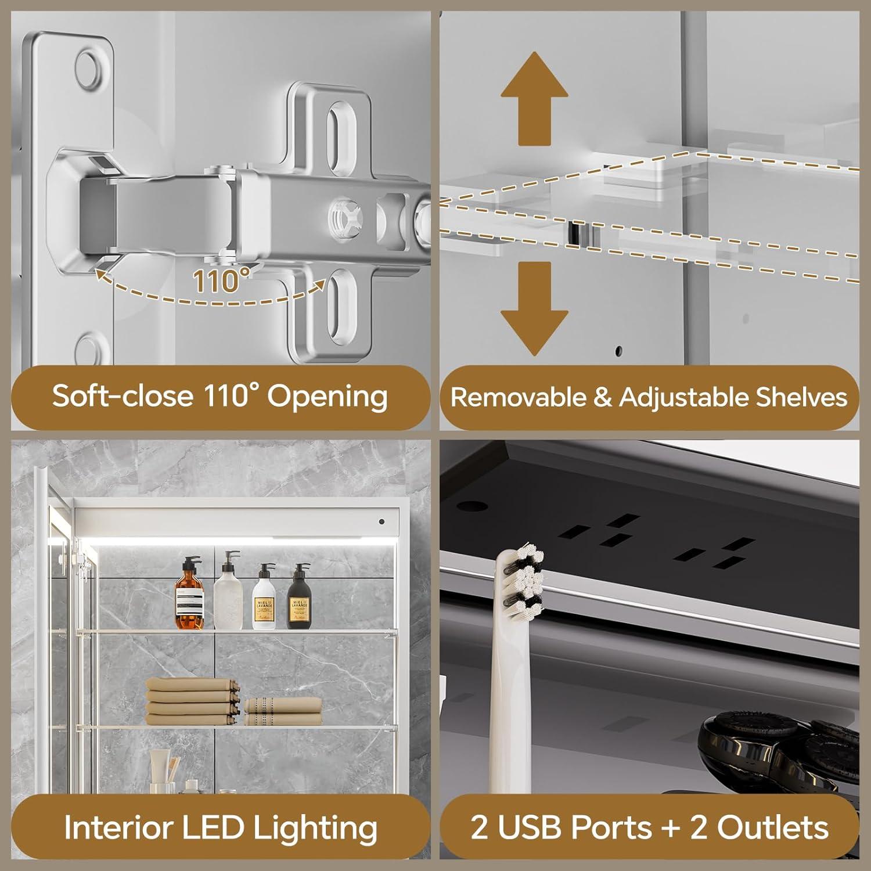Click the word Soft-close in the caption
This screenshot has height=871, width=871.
tap(122, 397)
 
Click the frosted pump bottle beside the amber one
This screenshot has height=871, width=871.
tap(228, 595)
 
